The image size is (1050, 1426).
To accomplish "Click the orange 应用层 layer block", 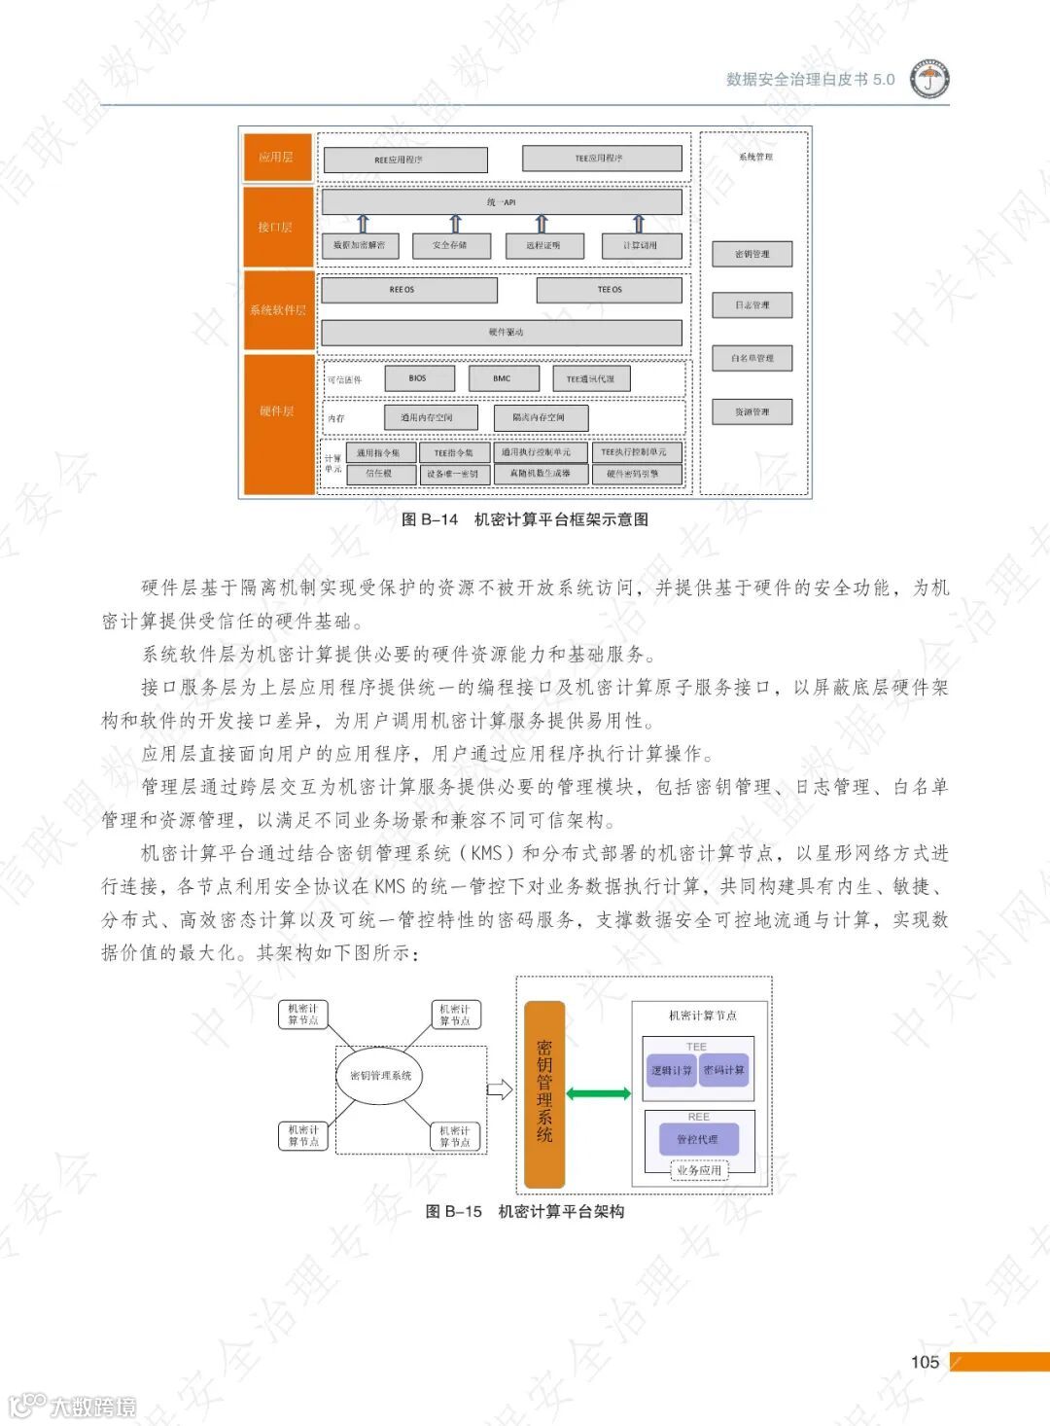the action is [277, 158].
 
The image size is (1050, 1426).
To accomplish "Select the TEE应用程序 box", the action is [601, 159].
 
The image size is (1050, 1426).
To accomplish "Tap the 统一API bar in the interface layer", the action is [502, 202].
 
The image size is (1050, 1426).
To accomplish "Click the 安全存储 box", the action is [449, 245].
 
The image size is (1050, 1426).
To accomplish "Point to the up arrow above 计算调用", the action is [639, 224].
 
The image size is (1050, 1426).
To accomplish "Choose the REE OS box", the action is [408, 290].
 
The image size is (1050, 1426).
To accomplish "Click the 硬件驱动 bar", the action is [502, 333].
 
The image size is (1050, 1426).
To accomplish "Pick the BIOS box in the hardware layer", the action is [418, 378].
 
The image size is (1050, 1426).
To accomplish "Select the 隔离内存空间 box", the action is [539, 417].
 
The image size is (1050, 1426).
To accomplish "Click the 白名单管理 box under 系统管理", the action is [752, 358].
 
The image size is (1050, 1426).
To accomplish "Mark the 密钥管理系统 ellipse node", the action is [380, 1075].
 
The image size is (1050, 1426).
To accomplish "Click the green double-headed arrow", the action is [598, 1093].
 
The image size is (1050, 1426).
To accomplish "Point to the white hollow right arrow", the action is [499, 1089].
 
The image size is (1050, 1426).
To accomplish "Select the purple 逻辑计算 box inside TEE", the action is [671, 1070].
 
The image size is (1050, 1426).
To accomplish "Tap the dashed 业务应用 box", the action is [699, 1170].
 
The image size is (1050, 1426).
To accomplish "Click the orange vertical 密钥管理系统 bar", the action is [544, 1094].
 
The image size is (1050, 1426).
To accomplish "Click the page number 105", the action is [925, 1362].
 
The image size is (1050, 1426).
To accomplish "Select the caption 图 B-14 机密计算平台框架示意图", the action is [525, 519].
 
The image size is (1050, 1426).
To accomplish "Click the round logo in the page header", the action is [929, 80].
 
